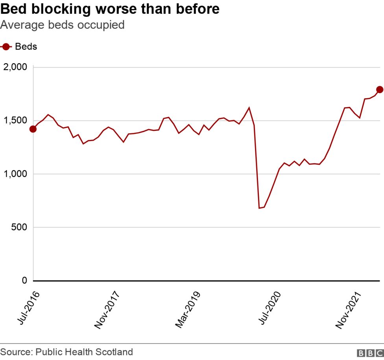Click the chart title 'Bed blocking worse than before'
[110, 9]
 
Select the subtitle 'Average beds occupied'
[63, 25]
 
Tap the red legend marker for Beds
[6, 47]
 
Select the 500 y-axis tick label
[20, 227]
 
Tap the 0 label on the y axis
[24, 281]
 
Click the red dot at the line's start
[33, 129]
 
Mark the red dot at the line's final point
[380, 90]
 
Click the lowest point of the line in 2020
[259, 208]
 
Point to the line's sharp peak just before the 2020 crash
[249, 108]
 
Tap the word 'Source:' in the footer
[16, 352]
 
